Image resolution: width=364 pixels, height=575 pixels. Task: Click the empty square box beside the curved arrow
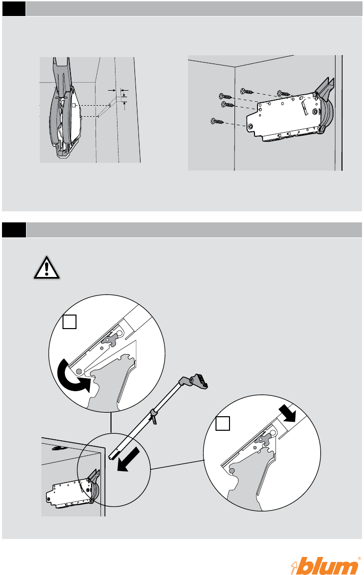[x=69, y=323]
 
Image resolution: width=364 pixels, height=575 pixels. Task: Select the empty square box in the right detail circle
[x=222, y=425]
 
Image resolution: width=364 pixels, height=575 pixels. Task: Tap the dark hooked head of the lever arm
[x=199, y=381]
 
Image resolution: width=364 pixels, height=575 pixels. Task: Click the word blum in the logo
[x=331, y=560]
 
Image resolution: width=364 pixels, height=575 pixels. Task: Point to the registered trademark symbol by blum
[x=358, y=549]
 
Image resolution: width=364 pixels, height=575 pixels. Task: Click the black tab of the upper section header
[x=13, y=9]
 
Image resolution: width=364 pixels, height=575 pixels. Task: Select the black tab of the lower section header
[x=13, y=230]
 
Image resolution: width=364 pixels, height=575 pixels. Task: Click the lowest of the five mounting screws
[x=216, y=121]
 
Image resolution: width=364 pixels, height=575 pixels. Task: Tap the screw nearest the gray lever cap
[x=284, y=93]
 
